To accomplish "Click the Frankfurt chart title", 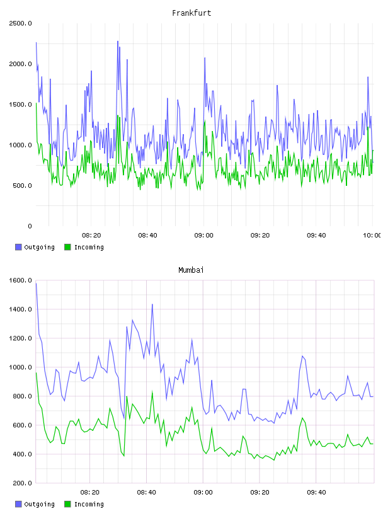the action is (x=191, y=13).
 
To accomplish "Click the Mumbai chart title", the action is (x=191, y=270).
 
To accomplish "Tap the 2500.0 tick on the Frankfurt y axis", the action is (x=20, y=23).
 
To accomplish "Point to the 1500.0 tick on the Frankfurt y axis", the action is (x=20, y=105).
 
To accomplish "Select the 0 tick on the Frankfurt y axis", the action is (x=30, y=226).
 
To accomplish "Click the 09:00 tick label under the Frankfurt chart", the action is (x=203, y=236).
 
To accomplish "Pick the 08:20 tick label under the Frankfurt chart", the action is (x=91, y=236).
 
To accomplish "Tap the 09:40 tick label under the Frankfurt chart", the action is (x=316, y=236).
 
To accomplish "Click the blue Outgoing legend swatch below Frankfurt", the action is (x=18, y=247).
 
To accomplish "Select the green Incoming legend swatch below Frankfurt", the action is (x=67, y=247).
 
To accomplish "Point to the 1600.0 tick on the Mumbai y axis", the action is (x=20, y=280).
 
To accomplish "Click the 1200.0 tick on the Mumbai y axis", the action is (x=20, y=338).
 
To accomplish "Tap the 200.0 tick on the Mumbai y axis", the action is (x=20, y=483).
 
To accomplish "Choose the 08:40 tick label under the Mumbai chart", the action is (x=147, y=493).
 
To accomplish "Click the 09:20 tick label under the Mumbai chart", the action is (x=260, y=493).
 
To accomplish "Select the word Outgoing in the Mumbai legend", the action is (x=39, y=504).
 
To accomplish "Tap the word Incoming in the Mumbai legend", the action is (x=89, y=504).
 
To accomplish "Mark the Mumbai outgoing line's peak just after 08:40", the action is (x=152, y=304).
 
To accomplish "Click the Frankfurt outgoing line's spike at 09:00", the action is (x=205, y=58).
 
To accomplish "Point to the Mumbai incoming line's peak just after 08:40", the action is (x=152, y=392).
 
